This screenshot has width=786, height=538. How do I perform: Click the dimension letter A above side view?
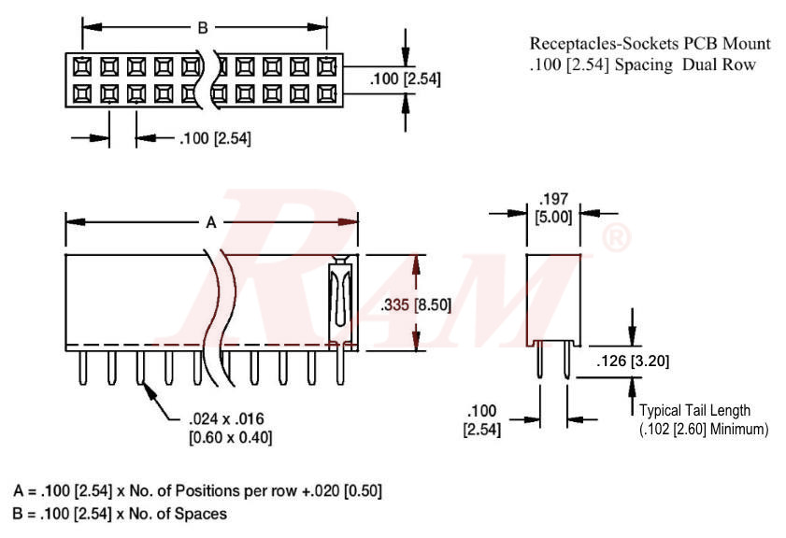pos(211,223)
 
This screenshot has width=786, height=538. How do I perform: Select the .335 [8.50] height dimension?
pos(418,304)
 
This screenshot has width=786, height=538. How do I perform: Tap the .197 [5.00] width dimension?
pos(553,206)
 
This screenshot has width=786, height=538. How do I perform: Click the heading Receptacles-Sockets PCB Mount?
pos(650,44)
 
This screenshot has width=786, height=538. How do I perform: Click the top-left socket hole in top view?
pos(81,66)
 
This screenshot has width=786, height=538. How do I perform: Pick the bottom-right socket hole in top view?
pos(326,93)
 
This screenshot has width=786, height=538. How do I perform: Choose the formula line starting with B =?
pos(120,514)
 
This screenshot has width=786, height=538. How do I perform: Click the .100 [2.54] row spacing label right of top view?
pos(406,79)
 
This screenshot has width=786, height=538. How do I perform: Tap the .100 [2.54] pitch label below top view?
pos(214,139)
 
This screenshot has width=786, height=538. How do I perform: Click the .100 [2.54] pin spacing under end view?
pos(482,419)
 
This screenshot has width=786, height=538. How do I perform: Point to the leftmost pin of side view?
pos(81,365)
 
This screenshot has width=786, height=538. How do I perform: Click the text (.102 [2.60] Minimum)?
pos(703,430)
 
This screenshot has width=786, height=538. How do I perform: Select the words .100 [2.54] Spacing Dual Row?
pos(642,64)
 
